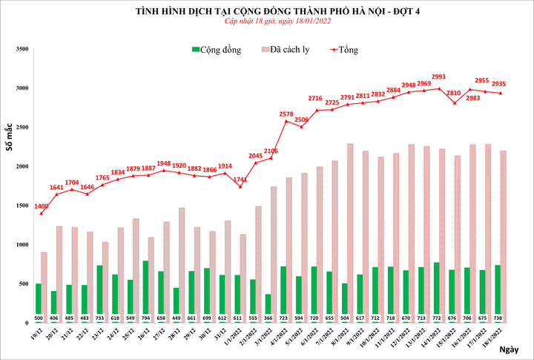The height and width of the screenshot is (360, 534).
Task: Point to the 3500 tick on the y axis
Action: point(21,49)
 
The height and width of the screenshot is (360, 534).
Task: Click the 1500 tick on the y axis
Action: point(21,206)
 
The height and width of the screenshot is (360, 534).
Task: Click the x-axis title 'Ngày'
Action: point(510,349)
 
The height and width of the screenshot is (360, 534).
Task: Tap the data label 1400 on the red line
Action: point(41,205)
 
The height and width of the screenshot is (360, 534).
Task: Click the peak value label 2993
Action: point(438,76)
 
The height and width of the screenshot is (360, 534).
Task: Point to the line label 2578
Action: point(286,114)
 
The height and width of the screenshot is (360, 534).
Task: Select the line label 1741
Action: point(239,179)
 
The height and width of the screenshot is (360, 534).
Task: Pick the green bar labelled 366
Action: point(268,306)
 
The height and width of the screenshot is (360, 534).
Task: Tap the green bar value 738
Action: point(498,318)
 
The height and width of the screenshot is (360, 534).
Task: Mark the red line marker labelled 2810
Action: point(454,103)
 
